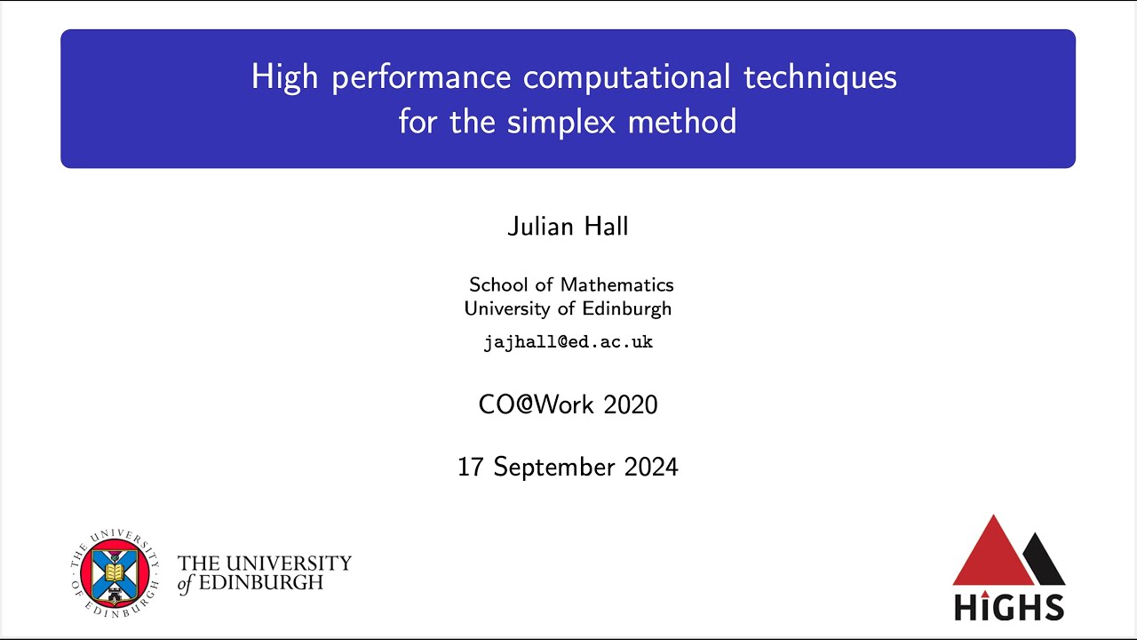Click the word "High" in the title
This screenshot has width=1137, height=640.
pyautogui.click(x=283, y=77)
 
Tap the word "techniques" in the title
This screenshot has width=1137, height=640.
pyautogui.click(x=820, y=77)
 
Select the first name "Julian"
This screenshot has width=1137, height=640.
pyautogui.click(x=537, y=227)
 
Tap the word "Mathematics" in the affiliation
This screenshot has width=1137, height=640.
pyautogui.click(x=617, y=284)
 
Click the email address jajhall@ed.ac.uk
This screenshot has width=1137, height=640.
pyautogui.click(x=568, y=342)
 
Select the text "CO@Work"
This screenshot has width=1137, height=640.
pyautogui.click(x=537, y=405)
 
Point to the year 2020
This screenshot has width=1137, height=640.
pyautogui.click(x=631, y=405)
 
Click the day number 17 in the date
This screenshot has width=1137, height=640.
pyautogui.click(x=471, y=467)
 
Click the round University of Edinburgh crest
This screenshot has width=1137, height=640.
pyautogui.click(x=114, y=572)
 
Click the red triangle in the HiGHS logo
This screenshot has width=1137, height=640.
pyautogui.click(x=992, y=553)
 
